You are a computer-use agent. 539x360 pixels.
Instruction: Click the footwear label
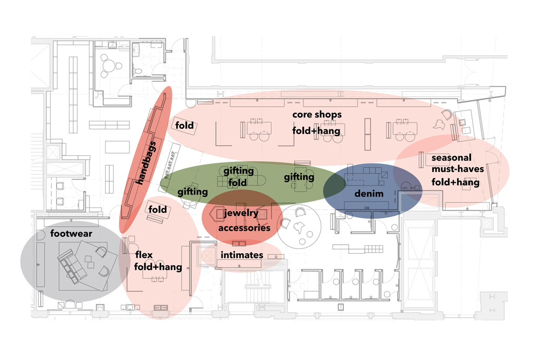pos(71,234)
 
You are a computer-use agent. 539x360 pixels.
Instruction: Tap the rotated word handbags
pos(146,163)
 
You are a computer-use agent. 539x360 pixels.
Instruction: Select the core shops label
pos(317,115)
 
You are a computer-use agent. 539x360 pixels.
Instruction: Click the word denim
pos(369,193)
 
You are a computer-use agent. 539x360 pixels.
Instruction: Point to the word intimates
pos(241,255)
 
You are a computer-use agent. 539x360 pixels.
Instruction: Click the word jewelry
pos(241,213)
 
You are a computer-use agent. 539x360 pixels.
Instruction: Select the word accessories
pos(244,228)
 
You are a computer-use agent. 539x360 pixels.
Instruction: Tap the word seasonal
pos(451,158)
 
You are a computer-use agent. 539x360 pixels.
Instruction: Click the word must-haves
pos(458,169)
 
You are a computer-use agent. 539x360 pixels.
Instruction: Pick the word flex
pos(144,255)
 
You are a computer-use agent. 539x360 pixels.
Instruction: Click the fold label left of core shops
pos(184,126)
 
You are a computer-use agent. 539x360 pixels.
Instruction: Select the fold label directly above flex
pos(157,210)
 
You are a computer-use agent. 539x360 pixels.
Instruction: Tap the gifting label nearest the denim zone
pos(299,177)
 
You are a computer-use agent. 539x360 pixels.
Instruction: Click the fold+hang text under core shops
pos(316,131)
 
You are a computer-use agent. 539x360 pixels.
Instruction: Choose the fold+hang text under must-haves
pos(455,182)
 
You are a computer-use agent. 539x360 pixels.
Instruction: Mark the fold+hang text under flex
pos(158,267)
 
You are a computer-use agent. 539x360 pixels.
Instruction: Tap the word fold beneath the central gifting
pos(237,183)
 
